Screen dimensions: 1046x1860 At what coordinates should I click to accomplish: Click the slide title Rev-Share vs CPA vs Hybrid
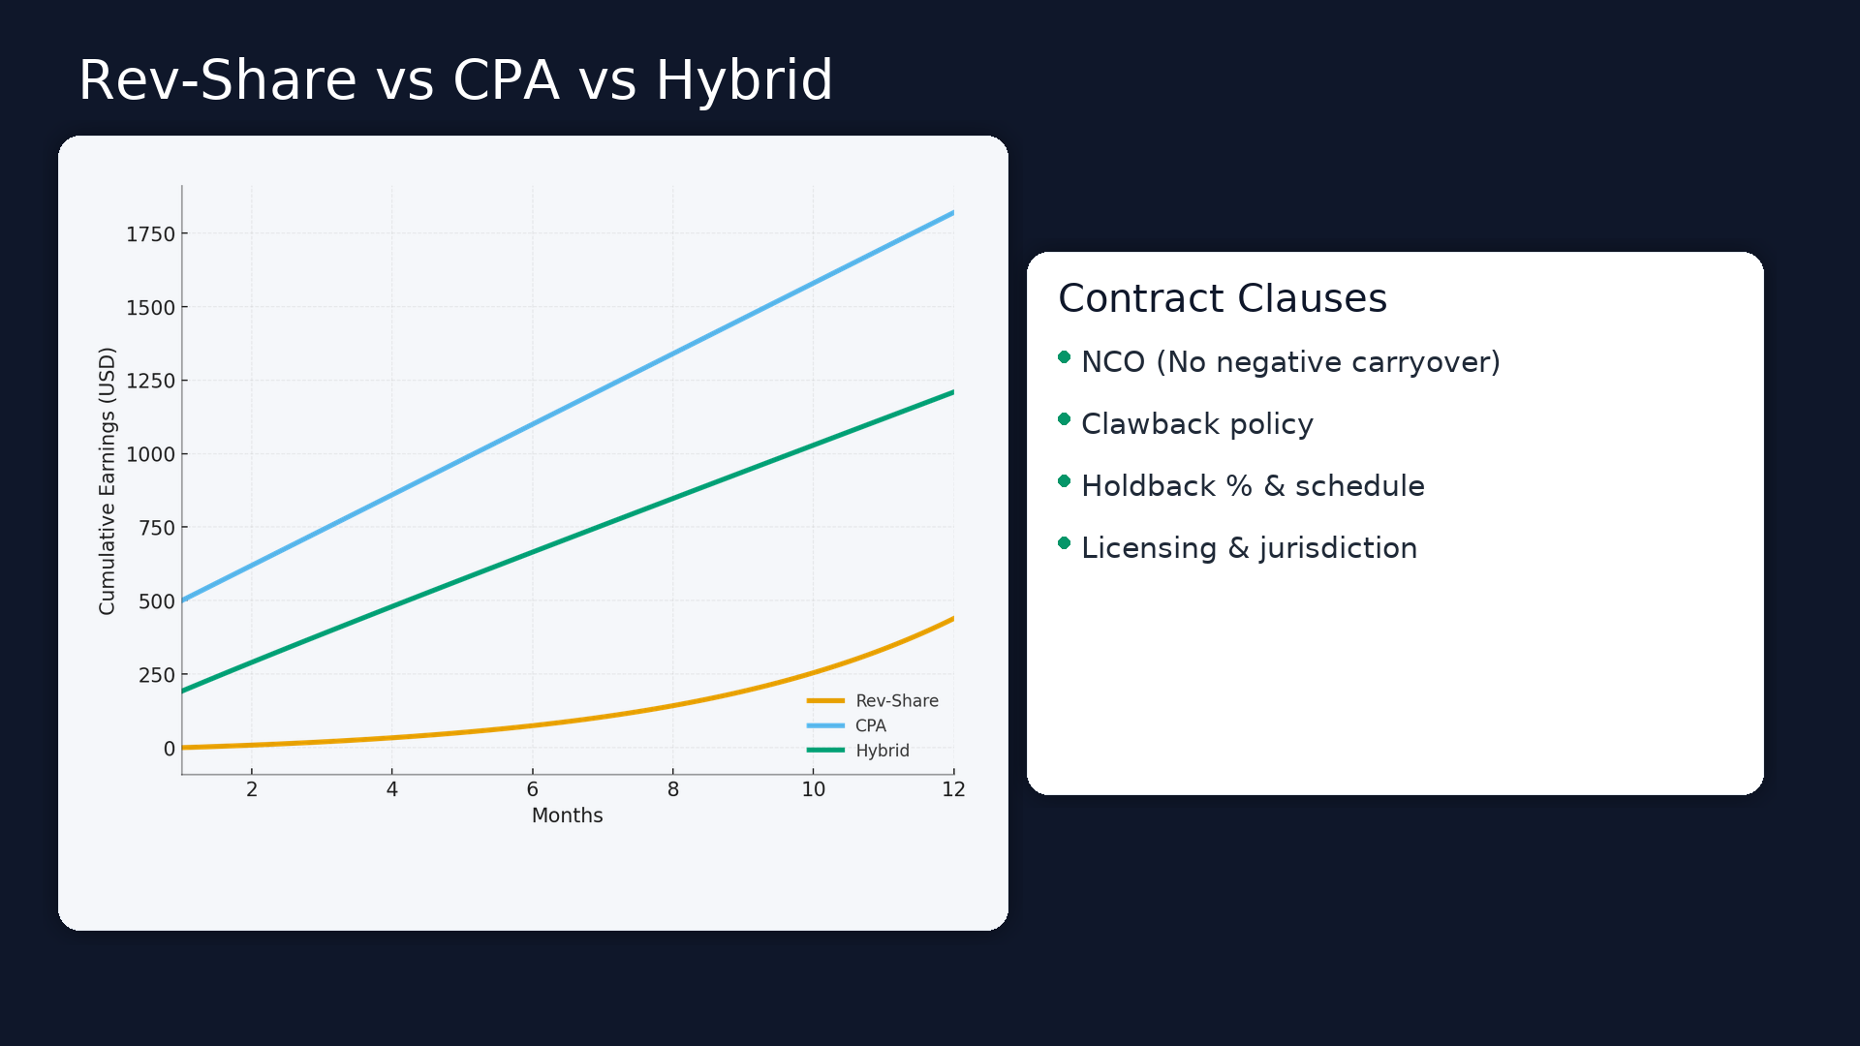pos(455,80)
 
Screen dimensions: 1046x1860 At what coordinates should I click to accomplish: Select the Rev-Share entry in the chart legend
pos(896,700)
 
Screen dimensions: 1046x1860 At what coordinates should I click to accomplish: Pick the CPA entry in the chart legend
pos(870,725)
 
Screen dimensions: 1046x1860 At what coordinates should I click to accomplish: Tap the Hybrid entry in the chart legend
pos(882,751)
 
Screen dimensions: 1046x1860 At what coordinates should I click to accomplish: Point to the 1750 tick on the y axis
pos(150,234)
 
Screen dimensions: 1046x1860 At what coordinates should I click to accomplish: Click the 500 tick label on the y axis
pos(156,601)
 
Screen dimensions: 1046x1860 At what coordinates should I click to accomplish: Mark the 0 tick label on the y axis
pos(170,749)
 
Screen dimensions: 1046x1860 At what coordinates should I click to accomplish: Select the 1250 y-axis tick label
pos(150,381)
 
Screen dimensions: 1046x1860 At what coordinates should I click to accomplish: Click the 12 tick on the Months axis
pos(953,789)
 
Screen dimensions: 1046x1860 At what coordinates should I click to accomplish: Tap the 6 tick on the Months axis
pos(532,789)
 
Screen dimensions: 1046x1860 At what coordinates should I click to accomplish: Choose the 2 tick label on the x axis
pos(252,789)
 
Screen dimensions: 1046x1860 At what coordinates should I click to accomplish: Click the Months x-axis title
pos(567,815)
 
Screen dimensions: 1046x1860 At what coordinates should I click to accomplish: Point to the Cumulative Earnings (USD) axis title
pos(107,480)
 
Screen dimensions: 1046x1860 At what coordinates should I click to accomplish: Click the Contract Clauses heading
pos(1222,298)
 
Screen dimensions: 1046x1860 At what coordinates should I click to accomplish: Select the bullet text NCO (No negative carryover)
pos(1290,362)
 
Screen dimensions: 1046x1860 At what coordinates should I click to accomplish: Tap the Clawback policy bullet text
pos(1196,424)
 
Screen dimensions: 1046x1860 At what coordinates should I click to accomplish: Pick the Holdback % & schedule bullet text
pos(1253,486)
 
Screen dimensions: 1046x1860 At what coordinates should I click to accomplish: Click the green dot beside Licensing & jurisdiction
pos(1064,543)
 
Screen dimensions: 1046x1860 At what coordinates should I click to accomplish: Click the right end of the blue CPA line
pos(952,213)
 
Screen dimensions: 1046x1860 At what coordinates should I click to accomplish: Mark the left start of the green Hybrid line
pos(183,691)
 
